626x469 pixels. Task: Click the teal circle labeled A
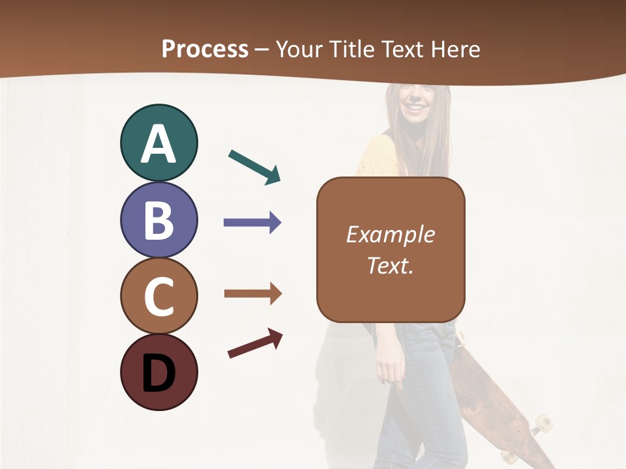(x=158, y=143)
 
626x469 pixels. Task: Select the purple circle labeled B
(x=158, y=220)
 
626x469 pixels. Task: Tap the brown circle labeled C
(x=158, y=296)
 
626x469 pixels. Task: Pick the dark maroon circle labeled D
(x=158, y=372)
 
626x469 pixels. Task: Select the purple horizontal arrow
(x=252, y=223)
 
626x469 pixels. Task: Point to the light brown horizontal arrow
(x=252, y=294)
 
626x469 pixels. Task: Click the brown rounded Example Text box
(x=391, y=249)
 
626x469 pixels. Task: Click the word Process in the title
(x=205, y=49)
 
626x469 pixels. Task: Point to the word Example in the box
(x=390, y=234)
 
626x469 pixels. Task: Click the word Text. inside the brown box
(x=390, y=265)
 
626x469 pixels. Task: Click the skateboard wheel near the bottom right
(x=541, y=425)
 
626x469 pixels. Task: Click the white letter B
(x=158, y=220)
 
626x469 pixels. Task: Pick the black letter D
(x=158, y=373)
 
